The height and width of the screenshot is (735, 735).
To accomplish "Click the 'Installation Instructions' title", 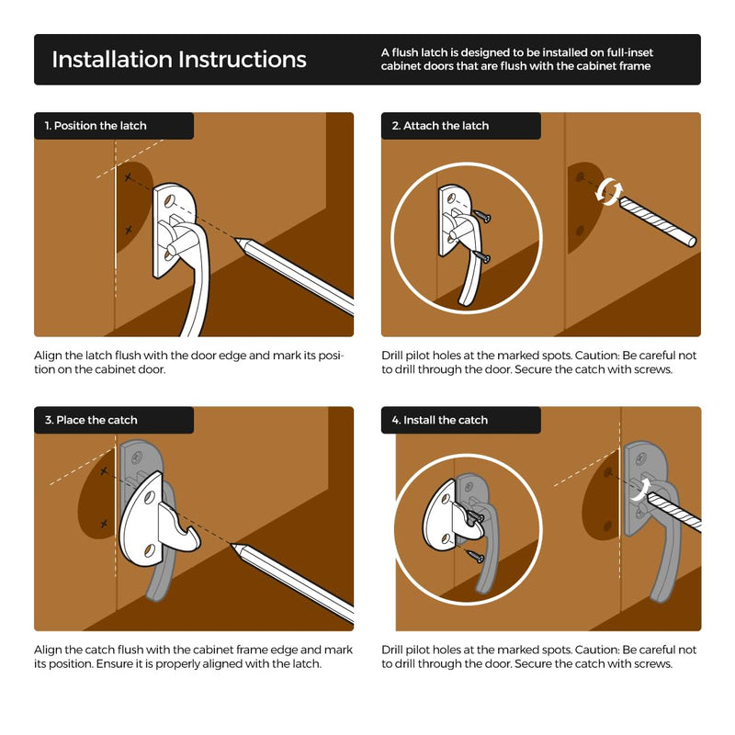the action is coord(179,60).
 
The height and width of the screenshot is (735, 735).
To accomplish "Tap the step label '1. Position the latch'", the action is coord(96,126).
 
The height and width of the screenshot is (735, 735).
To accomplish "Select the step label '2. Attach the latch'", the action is coord(440,126).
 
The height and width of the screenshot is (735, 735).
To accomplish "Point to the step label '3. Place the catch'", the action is coord(91,420).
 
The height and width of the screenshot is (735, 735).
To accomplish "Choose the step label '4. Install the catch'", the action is coord(440,420).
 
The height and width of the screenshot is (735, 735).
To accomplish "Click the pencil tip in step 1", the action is coord(236,240).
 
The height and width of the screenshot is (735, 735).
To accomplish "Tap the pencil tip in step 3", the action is coord(232,545).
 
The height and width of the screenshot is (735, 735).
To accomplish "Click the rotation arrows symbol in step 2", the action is coord(609,191).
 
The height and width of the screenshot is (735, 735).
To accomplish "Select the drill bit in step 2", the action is coord(658,220).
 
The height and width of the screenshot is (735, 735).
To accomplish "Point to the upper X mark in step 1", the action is coord(128,177).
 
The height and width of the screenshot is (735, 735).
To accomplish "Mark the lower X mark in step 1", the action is coord(129,231).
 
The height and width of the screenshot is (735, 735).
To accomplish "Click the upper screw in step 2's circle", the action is coord(482,216).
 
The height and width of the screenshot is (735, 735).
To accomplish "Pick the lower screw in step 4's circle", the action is coord(475,556).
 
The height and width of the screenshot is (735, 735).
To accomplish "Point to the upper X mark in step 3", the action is coord(104,470).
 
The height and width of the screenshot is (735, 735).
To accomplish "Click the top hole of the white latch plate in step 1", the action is coord(170,200).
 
